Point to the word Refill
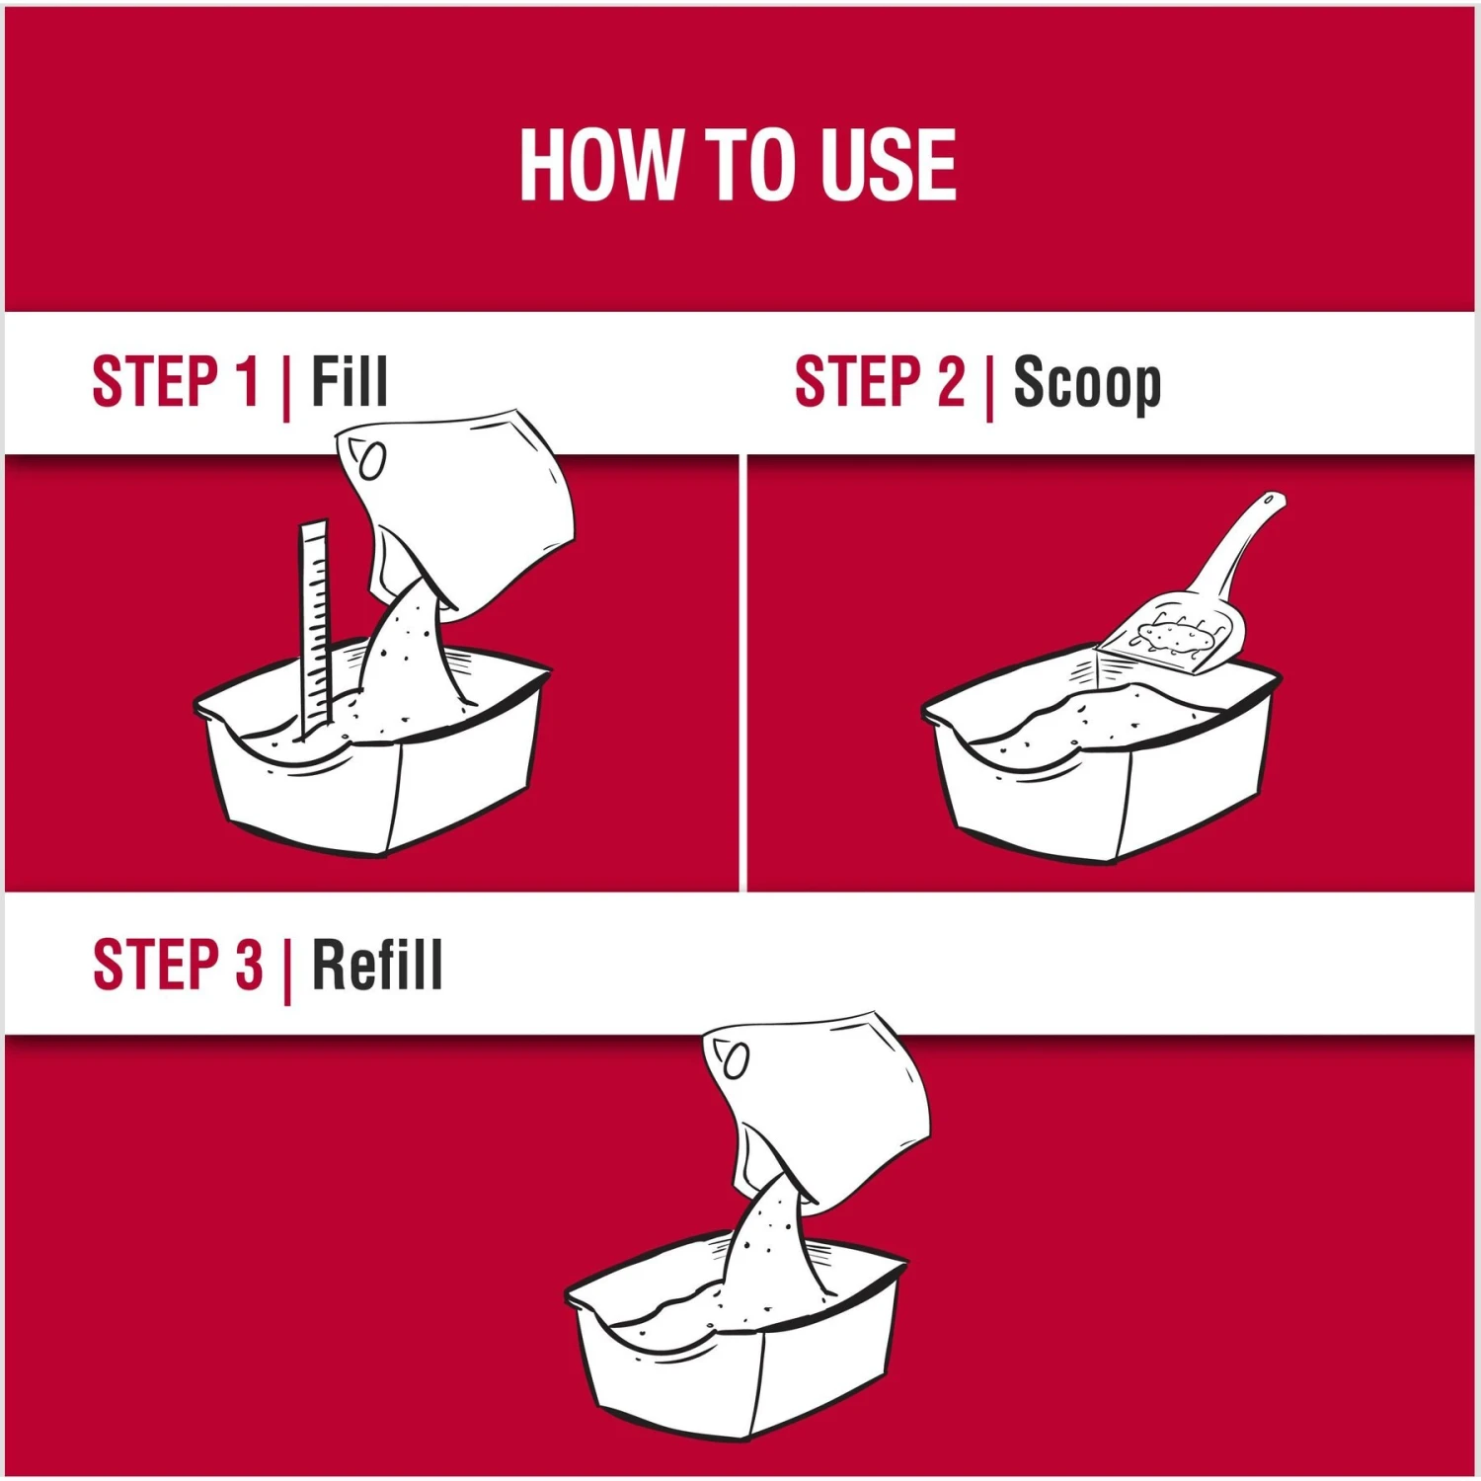[377, 965]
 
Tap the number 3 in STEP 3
[249, 965]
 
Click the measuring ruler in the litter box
[314, 628]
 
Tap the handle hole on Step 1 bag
[371, 461]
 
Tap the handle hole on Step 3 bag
[737, 1059]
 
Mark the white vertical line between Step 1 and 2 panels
[743, 672]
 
